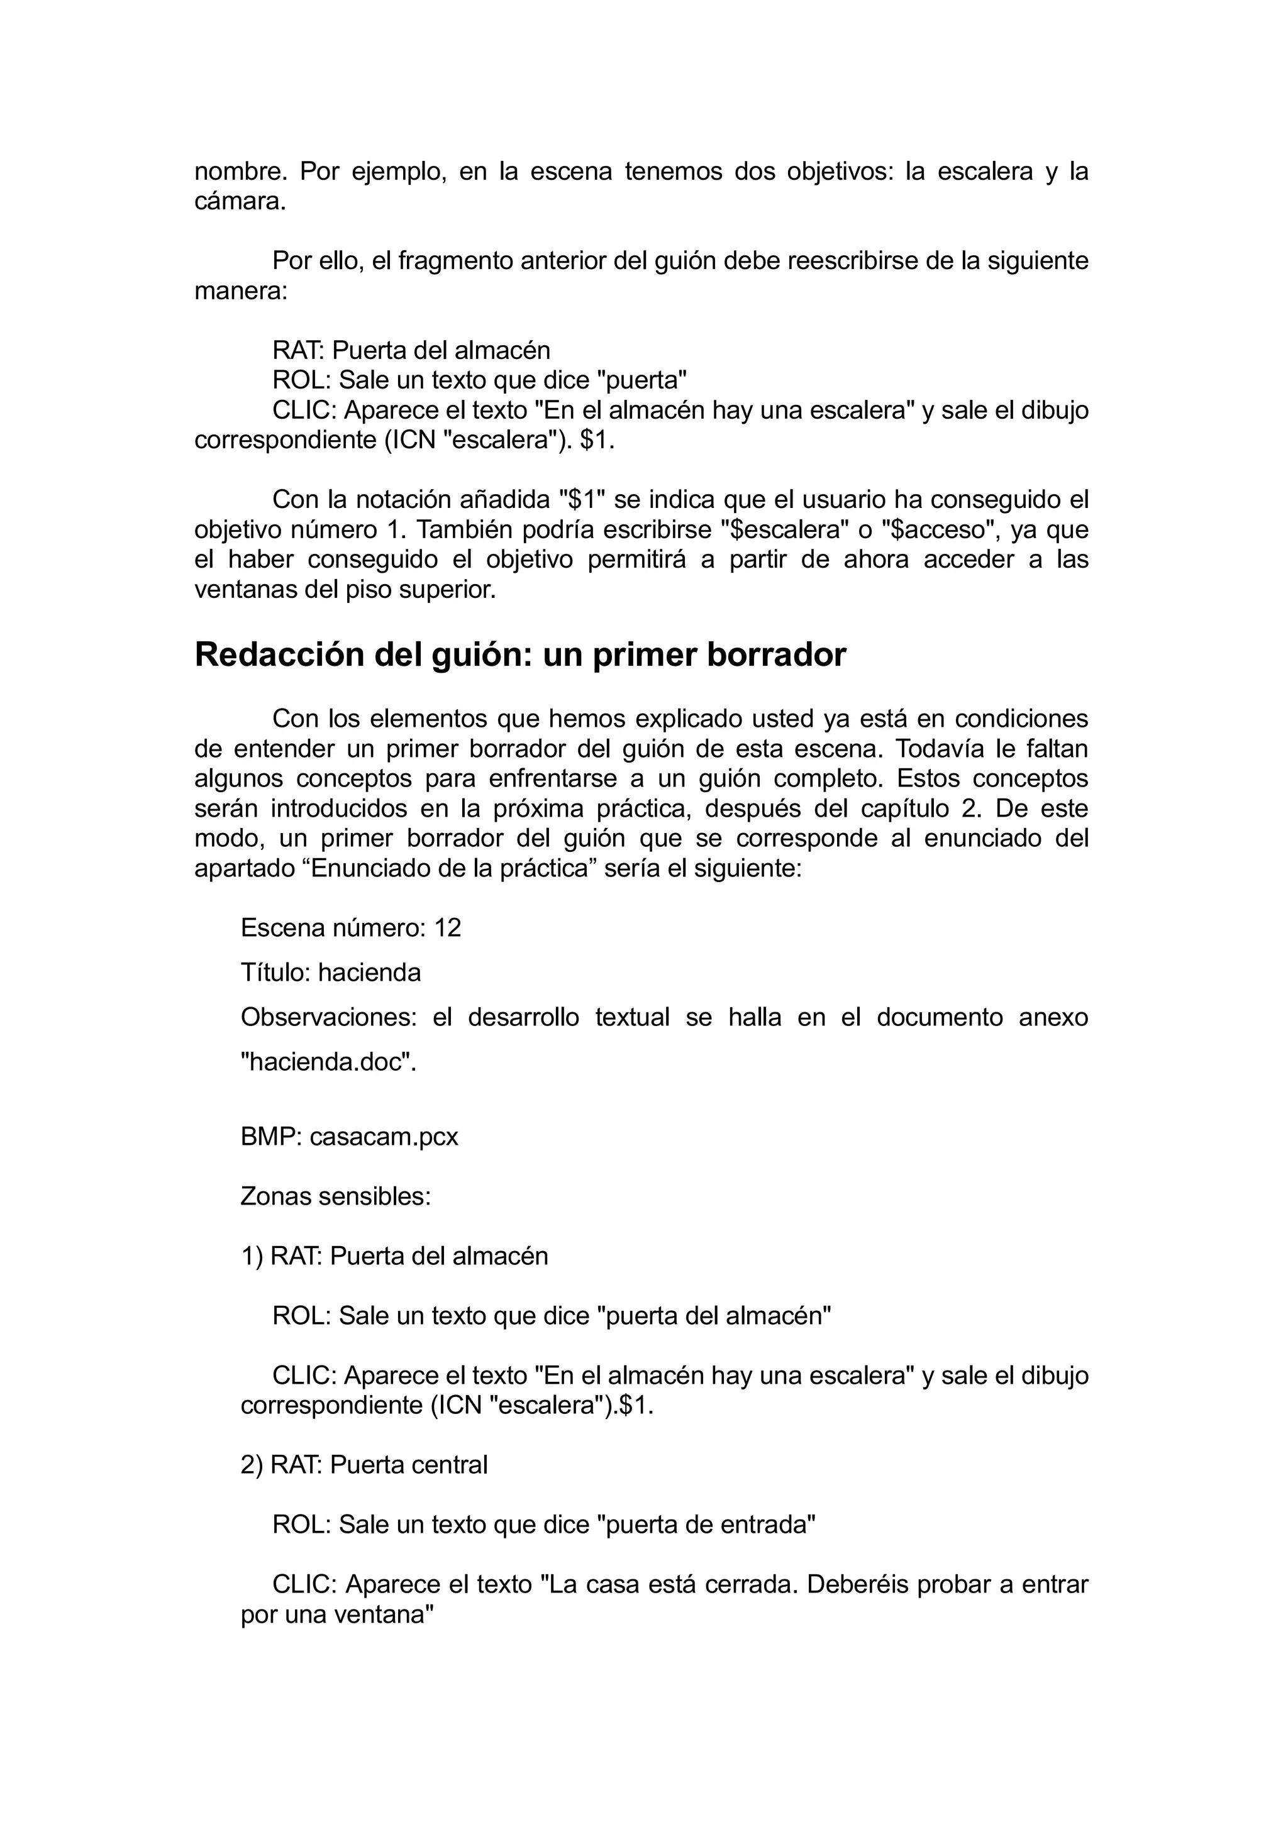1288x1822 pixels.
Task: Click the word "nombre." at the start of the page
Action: pyautogui.click(x=235, y=172)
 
